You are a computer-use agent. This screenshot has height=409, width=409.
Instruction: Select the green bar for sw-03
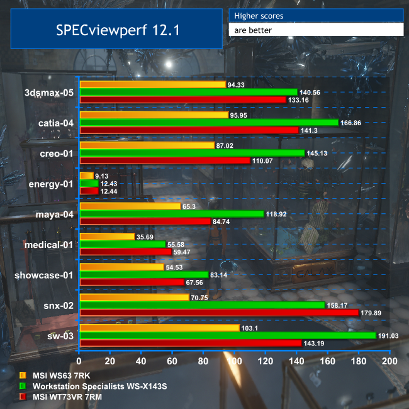(228, 335)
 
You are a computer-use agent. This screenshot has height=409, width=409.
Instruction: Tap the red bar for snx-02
(219, 312)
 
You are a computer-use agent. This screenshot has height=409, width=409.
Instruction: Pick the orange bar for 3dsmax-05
(152, 84)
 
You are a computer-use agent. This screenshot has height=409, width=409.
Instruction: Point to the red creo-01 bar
(165, 160)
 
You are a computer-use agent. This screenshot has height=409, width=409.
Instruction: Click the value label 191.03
(390, 335)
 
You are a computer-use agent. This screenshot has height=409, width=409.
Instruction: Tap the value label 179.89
(373, 313)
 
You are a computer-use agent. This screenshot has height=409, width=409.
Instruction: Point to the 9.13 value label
(103, 176)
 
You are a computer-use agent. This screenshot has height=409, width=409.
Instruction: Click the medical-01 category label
(50, 244)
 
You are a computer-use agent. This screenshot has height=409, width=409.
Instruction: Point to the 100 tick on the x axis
(234, 362)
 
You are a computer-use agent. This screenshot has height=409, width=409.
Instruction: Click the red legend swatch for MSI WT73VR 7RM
(23, 396)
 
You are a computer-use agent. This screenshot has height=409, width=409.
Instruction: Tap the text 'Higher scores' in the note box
(259, 15)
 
